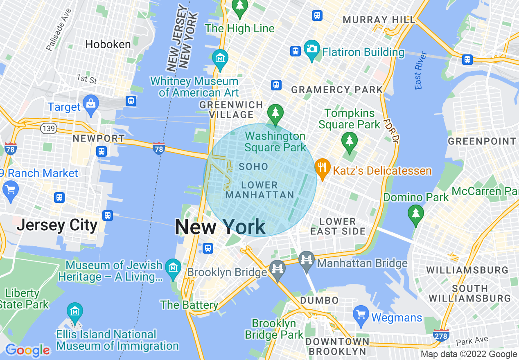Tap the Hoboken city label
click(108, 44)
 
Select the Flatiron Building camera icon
click(312, 50)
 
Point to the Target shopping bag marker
click(90, 105)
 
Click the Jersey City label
click(57, 225)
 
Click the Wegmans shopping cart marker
click(361, 315)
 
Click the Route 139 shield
click(48, 129)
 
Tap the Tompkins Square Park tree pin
click(349, 140)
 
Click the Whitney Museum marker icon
click(220, 59)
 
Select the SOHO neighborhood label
click(253, 166)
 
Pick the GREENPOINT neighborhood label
click(482, 142)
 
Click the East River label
click(421, 70)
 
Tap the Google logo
click(27, 350)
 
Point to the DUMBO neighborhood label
click(319, 301)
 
